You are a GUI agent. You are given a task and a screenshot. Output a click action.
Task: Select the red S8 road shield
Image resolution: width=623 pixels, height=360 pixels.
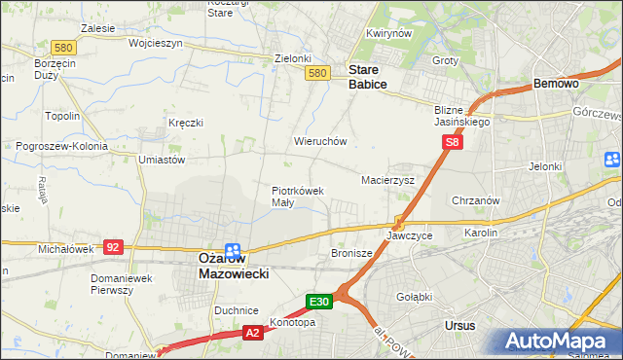tap(451, 142)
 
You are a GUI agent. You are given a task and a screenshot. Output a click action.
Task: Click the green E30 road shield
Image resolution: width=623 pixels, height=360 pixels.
tap(321, 303)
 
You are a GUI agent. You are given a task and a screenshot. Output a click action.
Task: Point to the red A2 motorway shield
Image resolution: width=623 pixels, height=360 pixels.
tap(251, 333)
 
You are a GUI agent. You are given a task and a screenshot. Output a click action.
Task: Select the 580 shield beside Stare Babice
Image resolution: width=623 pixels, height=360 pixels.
tap(316, 73)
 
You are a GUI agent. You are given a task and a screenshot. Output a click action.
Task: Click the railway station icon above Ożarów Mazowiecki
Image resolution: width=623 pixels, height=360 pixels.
tap(233, 249)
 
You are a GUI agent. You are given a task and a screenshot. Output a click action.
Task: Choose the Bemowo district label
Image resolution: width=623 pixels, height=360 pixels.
tap(557, 85)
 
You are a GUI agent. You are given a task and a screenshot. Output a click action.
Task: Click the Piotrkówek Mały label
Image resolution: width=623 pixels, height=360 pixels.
tap(297, 197)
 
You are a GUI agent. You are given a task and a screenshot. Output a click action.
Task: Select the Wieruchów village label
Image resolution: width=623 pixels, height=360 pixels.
tap(320, 141)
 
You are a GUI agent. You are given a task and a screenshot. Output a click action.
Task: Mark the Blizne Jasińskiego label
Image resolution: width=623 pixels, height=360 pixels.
tap(462, 117)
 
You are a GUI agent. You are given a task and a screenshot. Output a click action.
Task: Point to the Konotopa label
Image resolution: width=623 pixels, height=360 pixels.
tap(293, 322)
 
